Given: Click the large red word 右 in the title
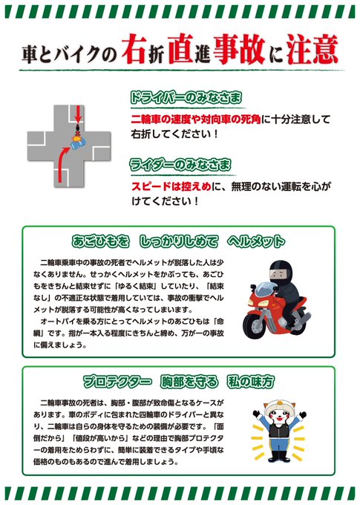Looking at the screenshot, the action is (x=134, y=49).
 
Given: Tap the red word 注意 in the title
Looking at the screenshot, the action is (x=312, y=49).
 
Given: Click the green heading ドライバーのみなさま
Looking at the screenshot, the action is (x=186, y=97).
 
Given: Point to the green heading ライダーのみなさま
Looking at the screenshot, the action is (x=180, y=165).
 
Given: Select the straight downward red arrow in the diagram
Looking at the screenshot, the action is (x=78, y=114).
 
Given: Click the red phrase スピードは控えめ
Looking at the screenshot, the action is (x=171, y=186).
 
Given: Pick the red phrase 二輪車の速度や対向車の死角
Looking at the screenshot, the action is (x=196, y=120).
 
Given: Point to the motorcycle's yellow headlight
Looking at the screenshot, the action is (x=263, y=304).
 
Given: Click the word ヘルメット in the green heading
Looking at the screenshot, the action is (x=256, y=241).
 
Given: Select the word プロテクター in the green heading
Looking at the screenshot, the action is (x=117, y=382).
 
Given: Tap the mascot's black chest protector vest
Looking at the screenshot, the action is (x=277, y=430).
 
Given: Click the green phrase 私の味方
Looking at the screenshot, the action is (x=251, y=382).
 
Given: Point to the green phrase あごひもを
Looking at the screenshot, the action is (x=100, y=241).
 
